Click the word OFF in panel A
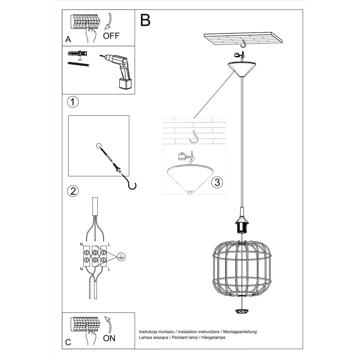point(111,36)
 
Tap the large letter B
point(145,20)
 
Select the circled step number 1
point(73,102)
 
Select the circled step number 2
point(73,191)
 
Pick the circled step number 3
point(217,182)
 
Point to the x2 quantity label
point(80,60)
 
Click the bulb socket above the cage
point(242,225)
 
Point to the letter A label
point(68,40)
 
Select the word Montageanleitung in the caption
point(240,331)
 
